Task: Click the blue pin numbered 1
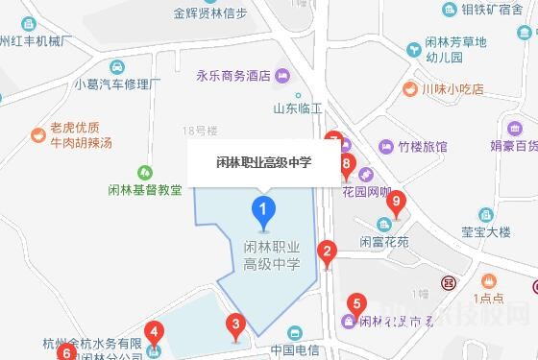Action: [x=262, y=207]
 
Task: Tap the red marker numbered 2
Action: [x=328, y=254]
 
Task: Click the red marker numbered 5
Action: [x=355, y=305]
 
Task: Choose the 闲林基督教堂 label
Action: [x=145, y=190]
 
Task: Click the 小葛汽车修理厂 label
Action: [x=116, y=84]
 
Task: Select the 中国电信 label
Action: [x=294, y=349]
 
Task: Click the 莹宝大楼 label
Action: [x=485, y=231]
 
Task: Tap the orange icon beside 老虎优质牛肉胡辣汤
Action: [x=38, y=134]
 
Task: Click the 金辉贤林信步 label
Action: [x=210, y=13]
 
